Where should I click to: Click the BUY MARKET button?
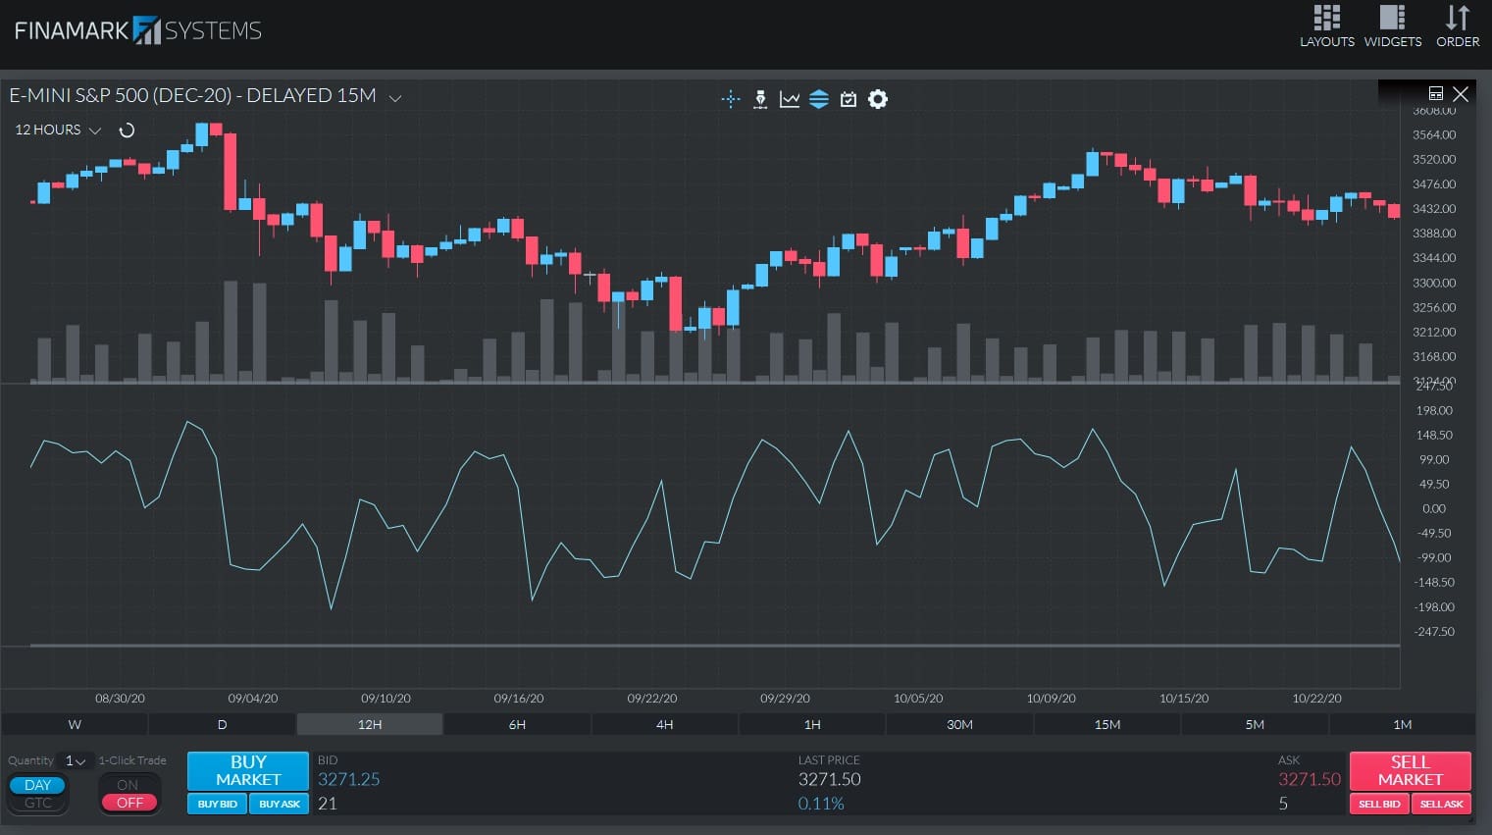pyautogui.click(x=248, y=770)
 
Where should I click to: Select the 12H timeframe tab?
pyautogui.click(x=370, y=724)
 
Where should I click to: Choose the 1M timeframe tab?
pyautogui.click(x=1402, y=724)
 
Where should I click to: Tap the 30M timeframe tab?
pyautogui.click(x=959, y=724)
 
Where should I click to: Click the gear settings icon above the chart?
pyautogui.click(x=878, y=99)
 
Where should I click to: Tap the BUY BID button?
pyautogui.click(x=217, y=804)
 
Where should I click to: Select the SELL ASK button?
pyautogui.click(x=1441, y=804)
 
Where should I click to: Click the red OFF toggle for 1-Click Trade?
pyautogui.click(x=129, y=803)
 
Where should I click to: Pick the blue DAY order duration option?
pyautogui.click(x=37, y=785)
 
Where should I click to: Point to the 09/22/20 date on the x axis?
pyautogui.click(x=651, y=699)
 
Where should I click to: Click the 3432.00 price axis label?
pyautogui.click(x=1433, y=209)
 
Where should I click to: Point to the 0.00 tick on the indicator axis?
pyautogui.click(x=1433, y=508)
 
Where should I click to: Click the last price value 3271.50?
pyautogui.click(x=829, y=779)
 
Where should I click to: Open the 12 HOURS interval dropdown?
pyautogui.click(x=58, y=130)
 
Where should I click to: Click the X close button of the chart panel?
pyautogui.click(x=1461, y=94)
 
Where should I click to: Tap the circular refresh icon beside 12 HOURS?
pyautogui.click(x=127, y=130)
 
